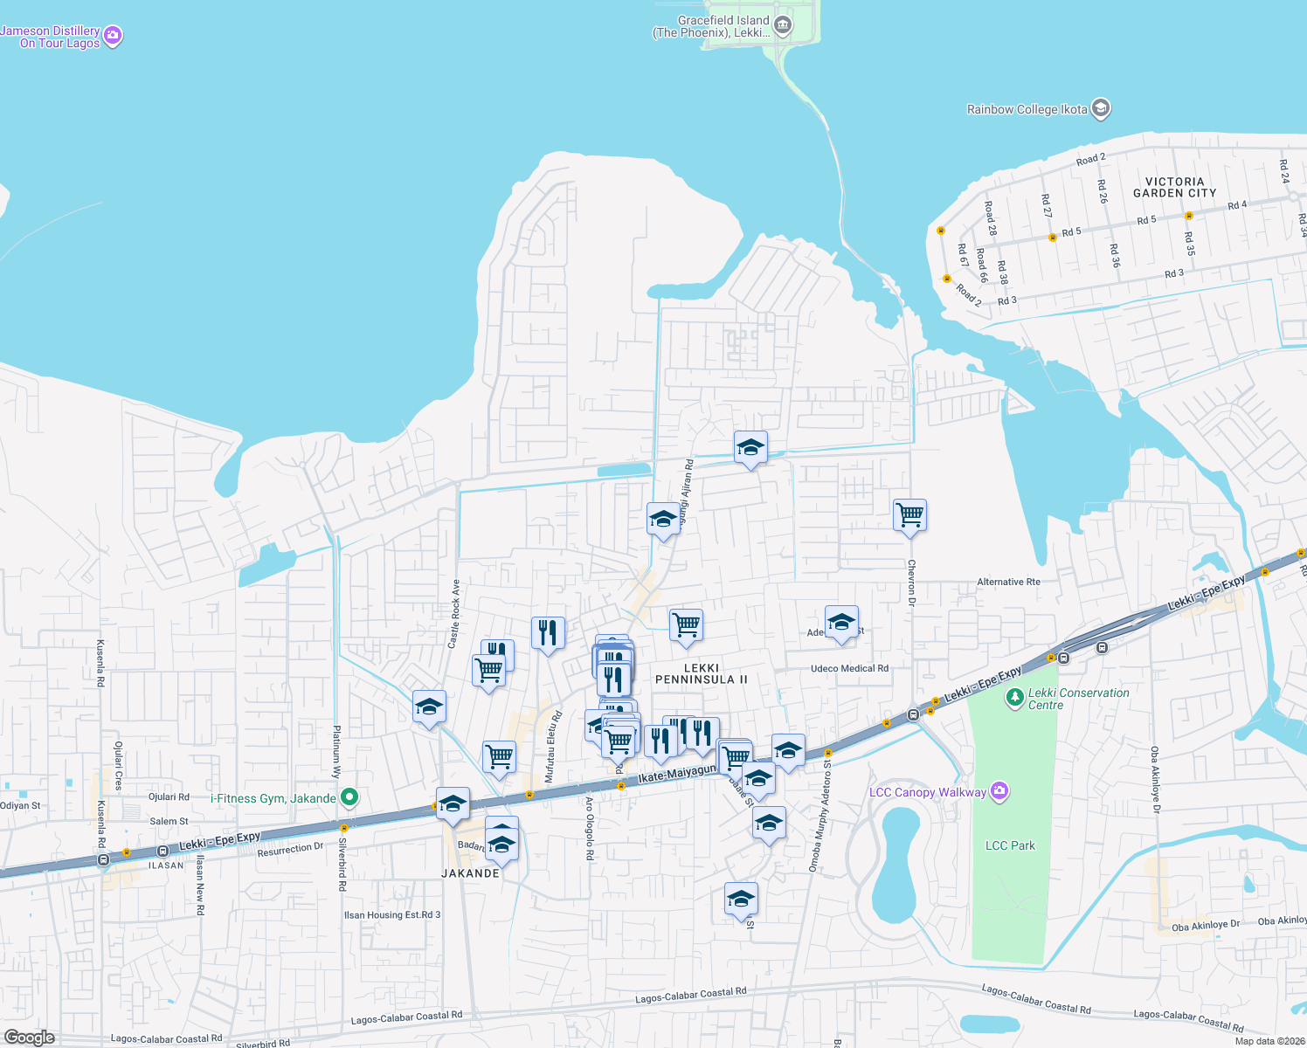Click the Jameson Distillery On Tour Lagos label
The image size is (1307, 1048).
pos(51,37)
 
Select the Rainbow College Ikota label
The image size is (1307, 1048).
pos(1027,109)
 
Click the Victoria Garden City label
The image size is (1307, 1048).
pos(1174,187)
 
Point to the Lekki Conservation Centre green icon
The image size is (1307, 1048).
pos(1014,697)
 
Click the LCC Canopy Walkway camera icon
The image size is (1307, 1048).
pos(999,792)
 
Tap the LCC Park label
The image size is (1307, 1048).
pos(1010,845)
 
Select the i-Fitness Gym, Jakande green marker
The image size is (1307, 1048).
pos(349,797)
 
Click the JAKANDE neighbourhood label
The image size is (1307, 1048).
pos(471,873)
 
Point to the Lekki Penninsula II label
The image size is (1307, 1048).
pos(702,673)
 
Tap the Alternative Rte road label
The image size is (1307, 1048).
pos(1008,582)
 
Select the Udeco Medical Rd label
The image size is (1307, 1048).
pos(849,669)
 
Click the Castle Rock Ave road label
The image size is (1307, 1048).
pos(453,614)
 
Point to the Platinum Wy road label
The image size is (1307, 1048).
pos(336,751)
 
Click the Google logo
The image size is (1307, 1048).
pos(29,1038)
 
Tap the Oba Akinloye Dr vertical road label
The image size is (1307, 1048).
pos(1155,779)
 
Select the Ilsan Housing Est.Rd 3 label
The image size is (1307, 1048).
pos(392,915)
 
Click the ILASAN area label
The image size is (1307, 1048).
pos(166,865)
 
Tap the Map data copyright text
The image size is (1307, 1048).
pos(1269,1041)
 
